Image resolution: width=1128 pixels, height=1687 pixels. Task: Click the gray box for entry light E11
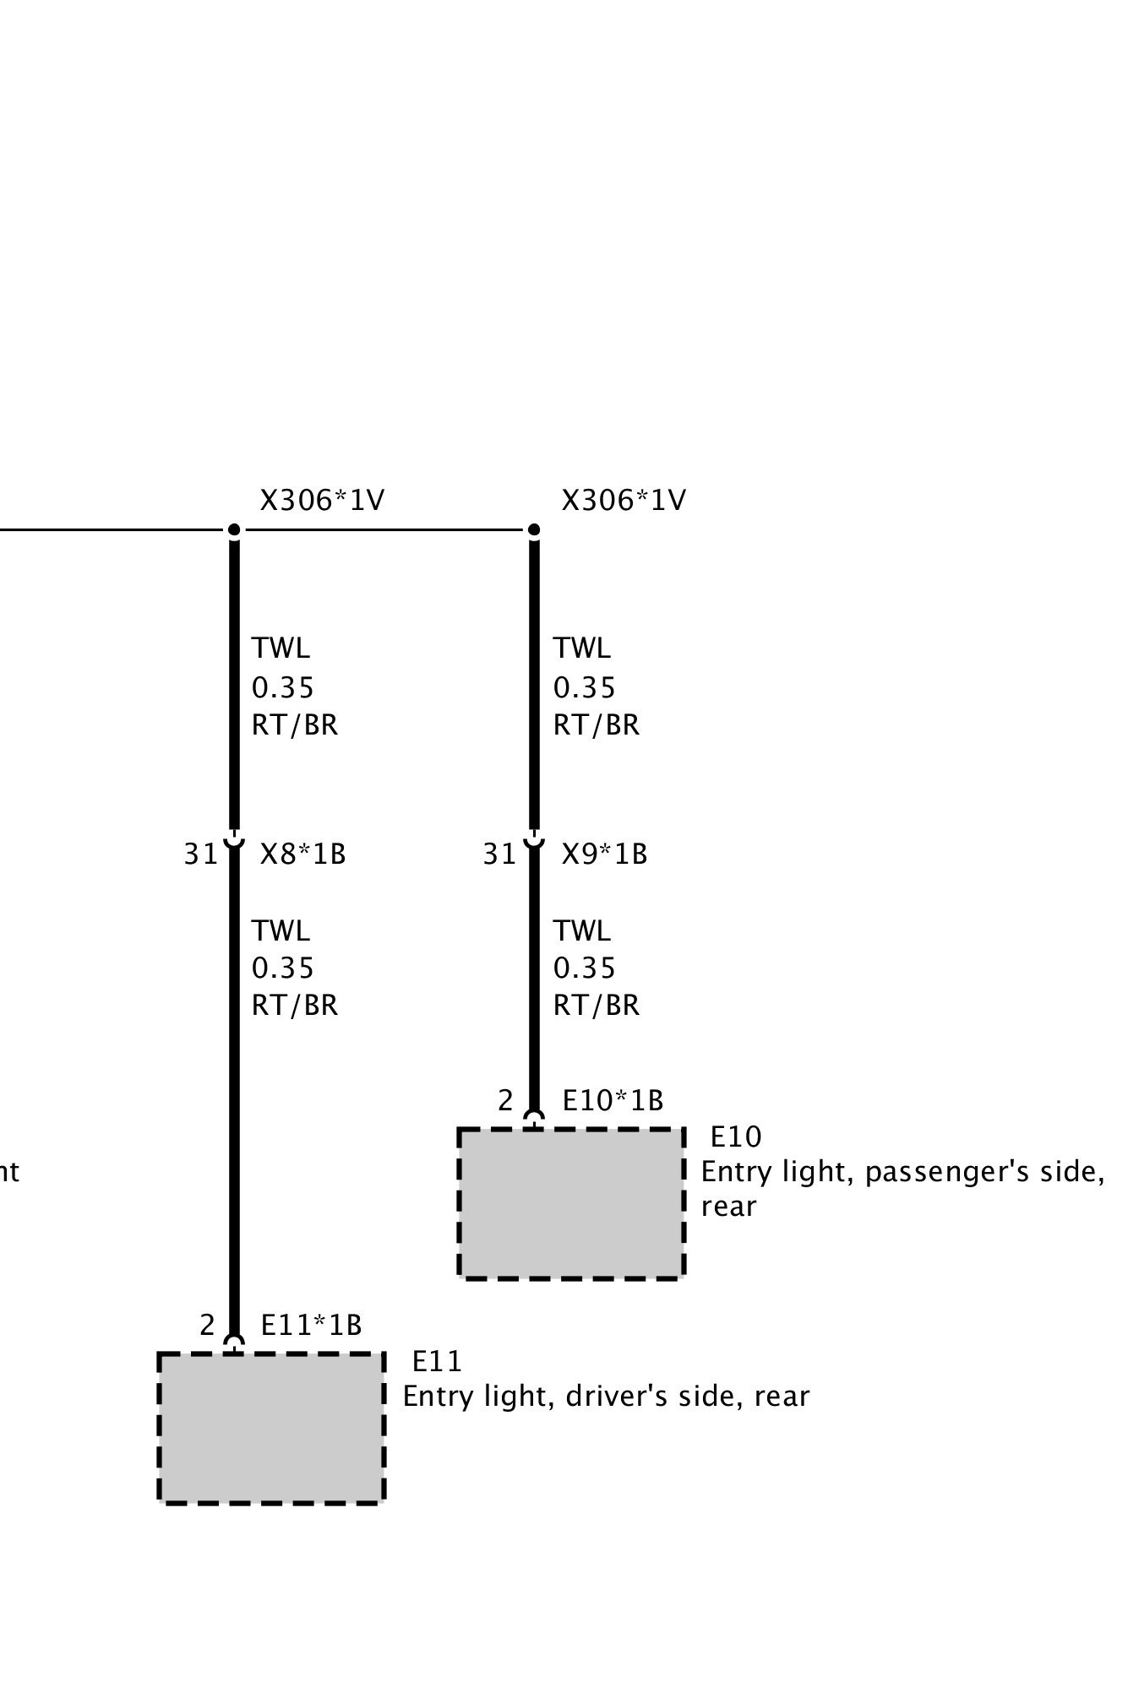pyautogui.click(x=271, y=1428)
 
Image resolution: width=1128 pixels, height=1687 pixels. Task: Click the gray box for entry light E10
pyautogui.click(x=571, y=1203)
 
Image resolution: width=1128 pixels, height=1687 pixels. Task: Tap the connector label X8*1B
pyautogui.click(x=302, y=854)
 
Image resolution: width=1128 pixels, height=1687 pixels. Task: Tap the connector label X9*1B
pyautogui.click(x=604, y=854)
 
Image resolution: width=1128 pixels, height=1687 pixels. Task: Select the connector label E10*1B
pyautogui.click(x=613, y=1101)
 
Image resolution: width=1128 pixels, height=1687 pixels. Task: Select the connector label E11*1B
pyautogui.click(x=311, y=1326)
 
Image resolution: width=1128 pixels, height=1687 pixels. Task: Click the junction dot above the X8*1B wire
pyautogui.click(x=234, y=530)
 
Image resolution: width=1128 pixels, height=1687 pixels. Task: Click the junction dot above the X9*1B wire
pyautogui.click(x=534, y=530)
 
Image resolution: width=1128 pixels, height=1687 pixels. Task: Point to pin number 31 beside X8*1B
pyautogui.click(x=201, y=854)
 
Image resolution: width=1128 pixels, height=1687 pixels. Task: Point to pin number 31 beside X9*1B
pyautogui.click(x=499, y=854)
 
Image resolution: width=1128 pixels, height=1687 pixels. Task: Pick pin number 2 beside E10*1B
pyautogui.click(x=505, y=1101)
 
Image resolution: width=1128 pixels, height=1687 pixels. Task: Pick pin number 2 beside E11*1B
pyautogui.click(x=207, y=1326)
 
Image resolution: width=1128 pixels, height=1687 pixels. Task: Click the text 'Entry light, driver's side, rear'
pyautogui.click(x=606, y=1397)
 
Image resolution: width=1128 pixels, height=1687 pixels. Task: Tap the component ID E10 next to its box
pyautogui.click(x=735, y=1137)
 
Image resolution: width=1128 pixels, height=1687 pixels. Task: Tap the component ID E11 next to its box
pyautogui.click(x=437, y=1362)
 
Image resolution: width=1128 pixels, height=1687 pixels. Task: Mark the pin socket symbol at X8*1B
pyautogui.click(x=234, y=841)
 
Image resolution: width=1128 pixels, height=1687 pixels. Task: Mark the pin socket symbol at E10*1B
pyautogui.click(x=534, y=1119)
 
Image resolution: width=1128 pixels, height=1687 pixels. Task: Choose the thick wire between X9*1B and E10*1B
pyautogui.click(x=534, y=979)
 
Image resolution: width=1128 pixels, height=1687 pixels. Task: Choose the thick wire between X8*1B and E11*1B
pyautogui.click(x=234, y=1098)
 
